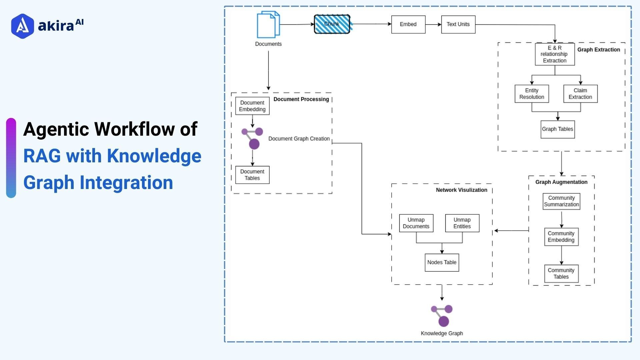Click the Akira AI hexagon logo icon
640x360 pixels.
tap(22, 26)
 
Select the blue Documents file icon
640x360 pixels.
tap(268, 24)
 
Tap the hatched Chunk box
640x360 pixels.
tap(332, 24)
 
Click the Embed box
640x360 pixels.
tap(408, 24)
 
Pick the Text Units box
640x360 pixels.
tap(458, 24)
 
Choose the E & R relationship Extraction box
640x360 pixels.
tap(555, 54)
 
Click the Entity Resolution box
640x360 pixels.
tap(532, 94)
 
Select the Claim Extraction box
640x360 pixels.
tap(580, 94)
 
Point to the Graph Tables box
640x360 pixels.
tap(557, 129)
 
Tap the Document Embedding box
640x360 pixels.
tap(252, 106)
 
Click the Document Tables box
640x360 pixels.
tap(252, 175)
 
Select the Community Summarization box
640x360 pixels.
tap(561, 201)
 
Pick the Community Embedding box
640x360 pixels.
tap(561, 237)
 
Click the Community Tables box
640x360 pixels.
tap(561, 274)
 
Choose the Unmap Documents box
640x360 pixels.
tap(416, 223)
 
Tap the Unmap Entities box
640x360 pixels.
tap(462, 223)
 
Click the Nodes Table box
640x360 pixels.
tap(442, 263)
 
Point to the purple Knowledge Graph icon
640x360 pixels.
tap(442, 316)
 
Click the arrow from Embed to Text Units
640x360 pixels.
tap(433, 24)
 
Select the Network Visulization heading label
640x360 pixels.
tap(461, 190)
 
